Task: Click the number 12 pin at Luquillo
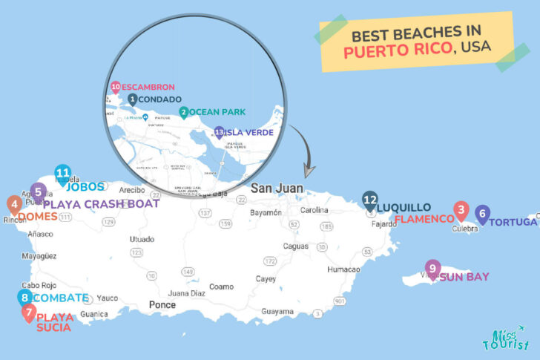pyautogui.click(x=370, y=200)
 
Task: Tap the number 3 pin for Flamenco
pyautogui.click(x=461, y=211)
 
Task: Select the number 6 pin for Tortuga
pyautogui.click(x=482, y=215)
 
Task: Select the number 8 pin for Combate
pyautogui.click(x=25, y=298)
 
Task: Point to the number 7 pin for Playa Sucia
pyautogui.click(x=28, y=313)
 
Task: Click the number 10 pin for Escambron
pyautogui.click(x=116, y=87)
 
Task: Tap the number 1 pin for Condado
pyautogui.click(x=132, y=99)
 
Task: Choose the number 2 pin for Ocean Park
pyautogui.click(x=183, y=112)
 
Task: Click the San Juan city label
pyautogui.click(x=277, y=189)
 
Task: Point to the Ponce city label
pyautogui.click(x=162, y=304)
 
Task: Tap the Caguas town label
pyautogui.click(x=295, y=246)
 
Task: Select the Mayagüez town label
pyautogui.click(x=39, y=256)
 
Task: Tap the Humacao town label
pyautogui.click(x=343, y=269)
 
